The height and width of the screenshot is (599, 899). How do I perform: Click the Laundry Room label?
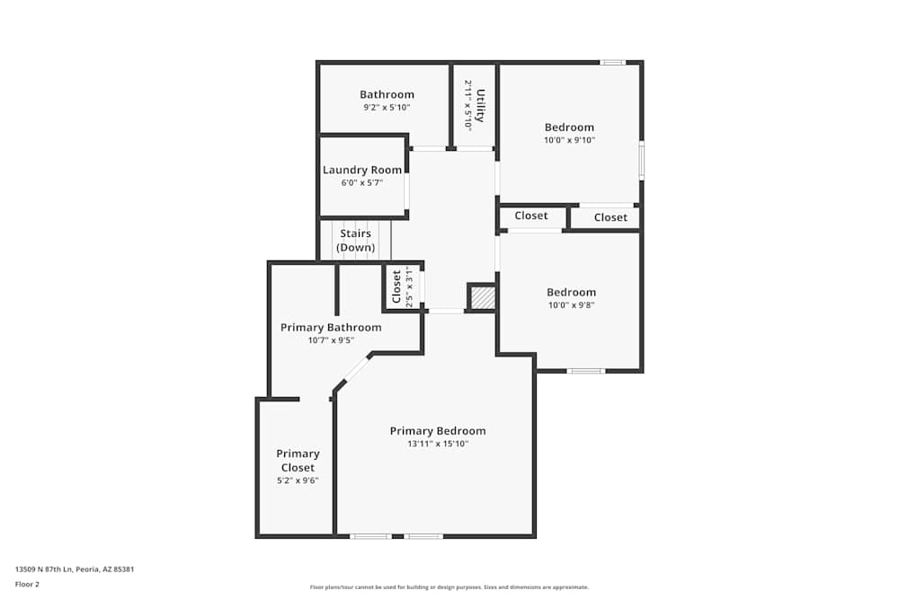coord(362,170)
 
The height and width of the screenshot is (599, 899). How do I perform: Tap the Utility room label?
coord(481,105)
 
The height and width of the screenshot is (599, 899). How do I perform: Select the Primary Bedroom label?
coord(438,431)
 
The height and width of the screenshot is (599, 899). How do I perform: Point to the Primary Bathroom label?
coord(331,328)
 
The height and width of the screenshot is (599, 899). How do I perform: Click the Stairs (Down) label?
coord(355,241)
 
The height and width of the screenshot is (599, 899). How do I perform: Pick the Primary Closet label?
coord(298,461)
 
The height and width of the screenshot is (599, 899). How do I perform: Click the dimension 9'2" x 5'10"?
coord(387,108)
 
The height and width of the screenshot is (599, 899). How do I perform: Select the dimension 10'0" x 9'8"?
coord(571,304)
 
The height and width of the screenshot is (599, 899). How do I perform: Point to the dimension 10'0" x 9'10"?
coord(569,140)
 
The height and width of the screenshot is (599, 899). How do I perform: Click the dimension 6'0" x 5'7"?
coord(362,183)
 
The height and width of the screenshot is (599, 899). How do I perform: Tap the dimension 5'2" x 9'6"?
coord(298,480)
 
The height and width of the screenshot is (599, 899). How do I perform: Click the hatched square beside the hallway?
coord(483,297)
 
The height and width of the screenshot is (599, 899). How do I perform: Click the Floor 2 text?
coord(27,584)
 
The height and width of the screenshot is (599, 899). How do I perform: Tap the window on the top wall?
coord(612,62)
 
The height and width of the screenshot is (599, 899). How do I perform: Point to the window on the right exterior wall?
coord(641,160)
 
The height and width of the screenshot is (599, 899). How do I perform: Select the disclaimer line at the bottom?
coord(449,587)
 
